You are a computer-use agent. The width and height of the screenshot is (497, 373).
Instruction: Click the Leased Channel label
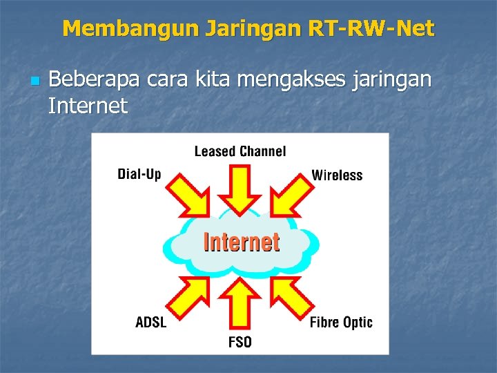[x=240, y=151]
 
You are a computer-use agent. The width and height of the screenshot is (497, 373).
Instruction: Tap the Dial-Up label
[x=139, y=173]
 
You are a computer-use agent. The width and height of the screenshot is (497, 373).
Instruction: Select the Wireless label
[x=337, y=175]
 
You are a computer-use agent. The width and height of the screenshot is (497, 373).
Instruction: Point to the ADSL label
[x=151, y=322]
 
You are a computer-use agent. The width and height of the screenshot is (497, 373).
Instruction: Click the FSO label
[x=240, y=342]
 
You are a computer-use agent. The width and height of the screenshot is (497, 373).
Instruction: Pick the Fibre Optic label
[x=341, y=322]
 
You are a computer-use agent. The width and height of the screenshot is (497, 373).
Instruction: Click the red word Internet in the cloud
[x=241, y=242]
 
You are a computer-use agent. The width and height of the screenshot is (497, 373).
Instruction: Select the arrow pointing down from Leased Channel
[x=240, y=189]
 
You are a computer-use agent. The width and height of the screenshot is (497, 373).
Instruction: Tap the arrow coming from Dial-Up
[x=189, y=194]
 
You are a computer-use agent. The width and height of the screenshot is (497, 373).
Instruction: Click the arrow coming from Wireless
[x=289, y=194]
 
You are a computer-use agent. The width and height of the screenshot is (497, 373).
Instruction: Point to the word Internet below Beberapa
[x=88, y=106]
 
